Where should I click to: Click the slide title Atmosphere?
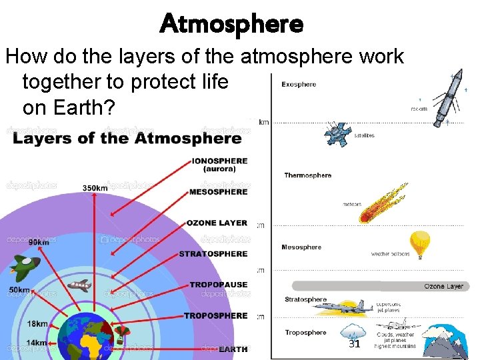pos(231,24)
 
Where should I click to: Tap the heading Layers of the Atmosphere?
pos(127,139)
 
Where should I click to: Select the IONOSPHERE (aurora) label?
pos(219,165)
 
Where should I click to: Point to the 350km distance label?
pos(95,188)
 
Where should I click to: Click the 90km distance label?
pos(39,241)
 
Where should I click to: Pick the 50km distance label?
pos(19,290)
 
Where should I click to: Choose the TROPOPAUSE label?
pos(218,285)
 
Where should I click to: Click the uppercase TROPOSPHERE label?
pos(215,315)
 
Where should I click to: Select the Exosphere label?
pos(299,85)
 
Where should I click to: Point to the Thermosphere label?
pos(307,175)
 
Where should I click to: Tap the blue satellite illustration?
pos(337,134)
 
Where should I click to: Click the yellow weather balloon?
pos(419,243)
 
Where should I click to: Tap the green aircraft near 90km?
pos(25,267)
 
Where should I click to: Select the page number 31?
pos(354,344)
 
